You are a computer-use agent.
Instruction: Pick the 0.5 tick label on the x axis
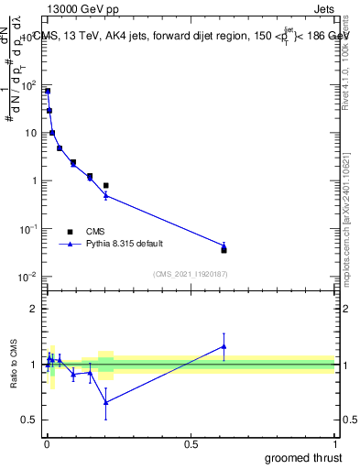tap(191, 444)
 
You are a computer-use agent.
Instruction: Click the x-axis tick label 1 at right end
tap(335, 444)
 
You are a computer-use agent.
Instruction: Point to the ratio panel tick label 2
tap(34, 309)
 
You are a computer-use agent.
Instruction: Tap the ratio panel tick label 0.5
tap(30, 420)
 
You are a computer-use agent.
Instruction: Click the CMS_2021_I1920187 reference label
tap(190, 273)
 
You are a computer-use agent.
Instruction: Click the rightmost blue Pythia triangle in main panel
tap(224, 245)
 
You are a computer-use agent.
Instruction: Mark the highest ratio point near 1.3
tap(224, 345)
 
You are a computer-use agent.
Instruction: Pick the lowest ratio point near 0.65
tap(106, 401)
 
